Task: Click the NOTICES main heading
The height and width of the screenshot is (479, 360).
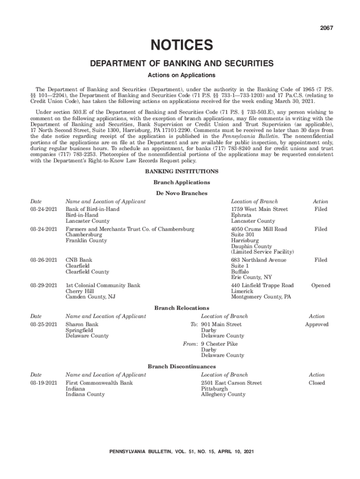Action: tap(181, 45)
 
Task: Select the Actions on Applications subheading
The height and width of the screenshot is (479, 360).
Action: tap(181, 75)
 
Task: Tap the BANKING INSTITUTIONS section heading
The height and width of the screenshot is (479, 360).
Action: tap(181, 172)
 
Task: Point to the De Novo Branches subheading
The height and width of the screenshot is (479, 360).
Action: tap(181, 193)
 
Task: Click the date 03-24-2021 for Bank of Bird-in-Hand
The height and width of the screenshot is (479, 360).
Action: tap(43, 210)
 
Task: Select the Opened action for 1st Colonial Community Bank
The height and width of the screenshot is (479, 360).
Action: tap(321, 285)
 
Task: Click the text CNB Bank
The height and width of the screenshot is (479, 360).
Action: tap(79, 260)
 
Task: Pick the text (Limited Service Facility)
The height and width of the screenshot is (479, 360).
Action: tap(262, 252)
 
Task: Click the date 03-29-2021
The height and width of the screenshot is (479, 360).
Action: tap(43, 285)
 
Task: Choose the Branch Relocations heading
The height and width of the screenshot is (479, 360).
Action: tap(181, 308)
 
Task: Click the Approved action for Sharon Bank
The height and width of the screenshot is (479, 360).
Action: tap(317, 324)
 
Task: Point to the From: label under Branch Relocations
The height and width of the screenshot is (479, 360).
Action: tap(190, 344)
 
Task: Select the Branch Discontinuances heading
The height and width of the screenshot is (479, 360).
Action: tap(181, 366)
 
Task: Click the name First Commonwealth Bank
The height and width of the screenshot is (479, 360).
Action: tap(99, 383)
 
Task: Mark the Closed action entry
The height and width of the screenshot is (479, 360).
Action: tap(317, 383)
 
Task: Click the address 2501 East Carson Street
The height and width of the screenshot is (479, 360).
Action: tap(231, 383)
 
